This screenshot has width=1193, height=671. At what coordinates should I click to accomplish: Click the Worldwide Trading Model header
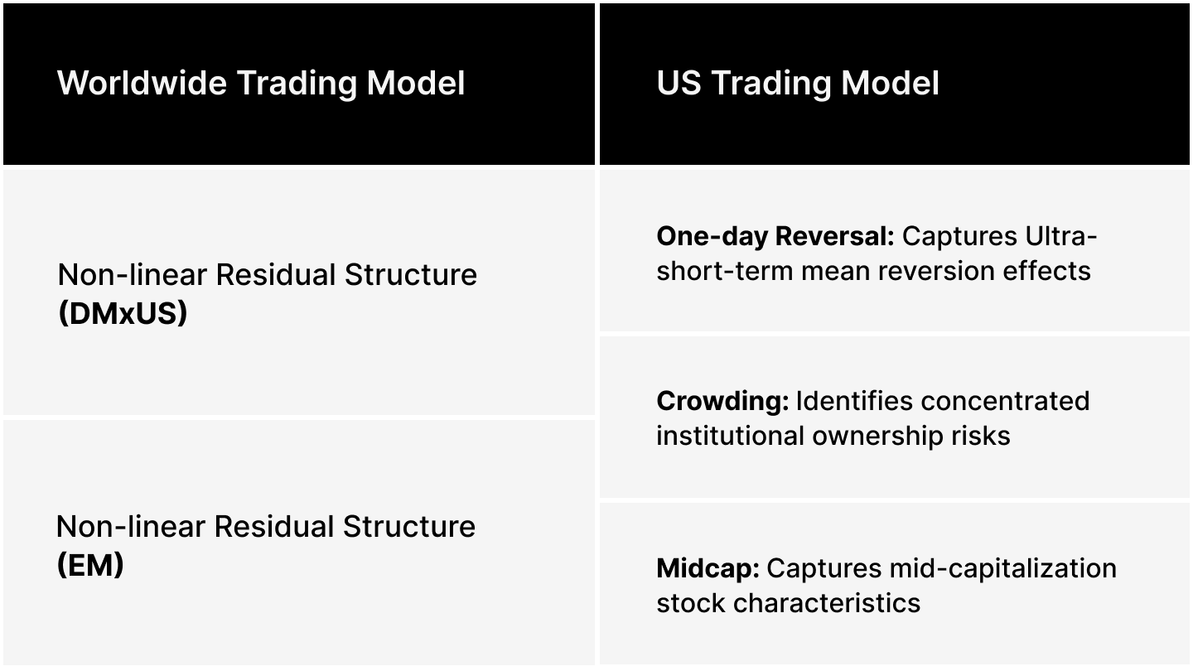point(261,83)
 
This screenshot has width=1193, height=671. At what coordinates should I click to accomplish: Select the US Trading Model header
point(798,83)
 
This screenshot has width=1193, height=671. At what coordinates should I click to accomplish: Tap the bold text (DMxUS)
point(123,314)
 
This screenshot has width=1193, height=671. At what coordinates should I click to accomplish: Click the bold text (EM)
point(90,565)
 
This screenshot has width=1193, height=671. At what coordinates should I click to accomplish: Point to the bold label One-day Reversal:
point(775,236)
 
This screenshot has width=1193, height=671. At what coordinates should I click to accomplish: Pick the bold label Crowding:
point(722,401)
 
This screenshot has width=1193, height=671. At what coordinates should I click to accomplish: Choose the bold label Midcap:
point(708,568)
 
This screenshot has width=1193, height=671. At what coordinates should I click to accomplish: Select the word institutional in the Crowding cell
point(730,435)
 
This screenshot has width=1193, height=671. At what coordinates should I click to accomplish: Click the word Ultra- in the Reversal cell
point(1061,236)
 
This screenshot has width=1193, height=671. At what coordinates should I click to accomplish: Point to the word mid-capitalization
point(1003,568)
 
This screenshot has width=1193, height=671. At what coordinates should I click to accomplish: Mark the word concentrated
point(1005,401)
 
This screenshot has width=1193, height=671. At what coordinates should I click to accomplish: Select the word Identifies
point(853,401)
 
